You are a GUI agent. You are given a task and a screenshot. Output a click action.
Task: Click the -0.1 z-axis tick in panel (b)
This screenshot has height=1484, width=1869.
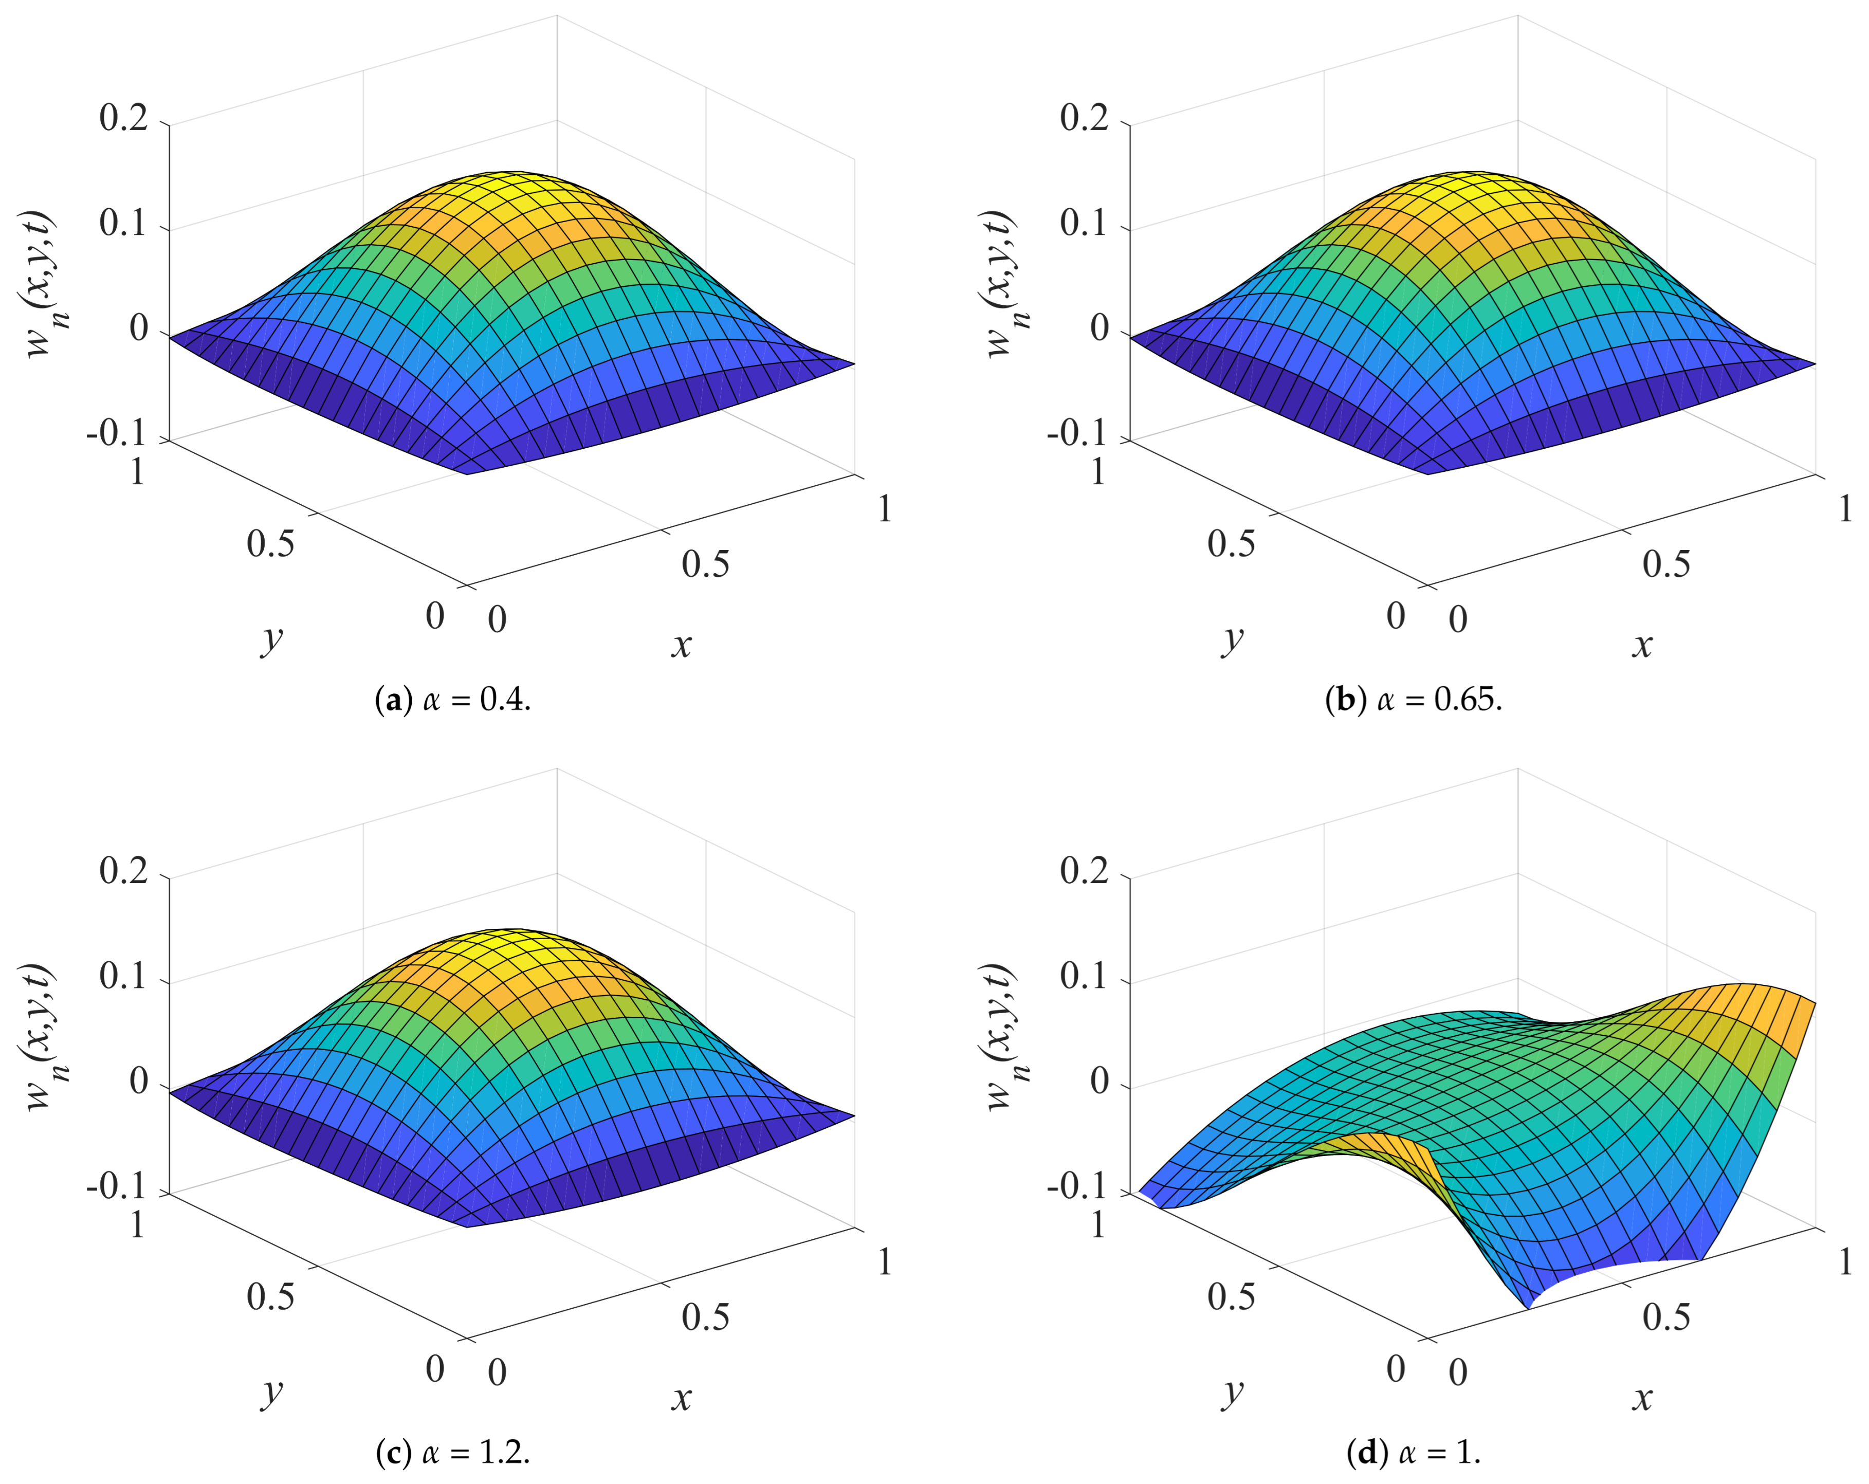(1077, 433)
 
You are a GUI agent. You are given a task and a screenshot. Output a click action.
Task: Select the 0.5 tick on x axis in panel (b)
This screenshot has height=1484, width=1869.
(1665, 565)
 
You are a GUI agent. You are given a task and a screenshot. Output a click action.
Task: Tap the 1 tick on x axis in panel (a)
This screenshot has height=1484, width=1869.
(884, 509)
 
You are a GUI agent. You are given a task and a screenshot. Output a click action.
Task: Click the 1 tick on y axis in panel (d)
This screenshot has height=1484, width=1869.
(1097, 1225)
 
